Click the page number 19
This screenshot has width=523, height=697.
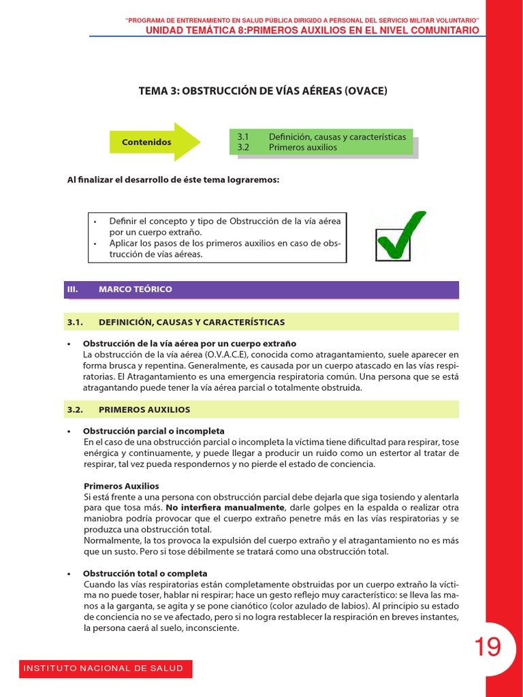488,646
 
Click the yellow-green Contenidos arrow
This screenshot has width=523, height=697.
155,142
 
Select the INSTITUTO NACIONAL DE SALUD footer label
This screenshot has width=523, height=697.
104,668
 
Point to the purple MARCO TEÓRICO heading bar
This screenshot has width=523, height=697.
262,289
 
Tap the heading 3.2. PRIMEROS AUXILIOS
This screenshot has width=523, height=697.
144,410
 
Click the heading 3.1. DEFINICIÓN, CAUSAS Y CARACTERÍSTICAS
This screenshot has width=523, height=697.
191,322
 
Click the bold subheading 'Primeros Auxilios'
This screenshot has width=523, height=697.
121,486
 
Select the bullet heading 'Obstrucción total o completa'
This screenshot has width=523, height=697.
145,574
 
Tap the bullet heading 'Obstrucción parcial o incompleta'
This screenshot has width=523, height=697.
153,431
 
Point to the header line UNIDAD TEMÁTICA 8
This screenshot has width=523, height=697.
313,31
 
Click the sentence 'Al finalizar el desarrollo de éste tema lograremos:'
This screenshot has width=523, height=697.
173,180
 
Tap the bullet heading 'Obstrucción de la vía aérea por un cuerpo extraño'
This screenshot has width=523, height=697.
189,344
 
